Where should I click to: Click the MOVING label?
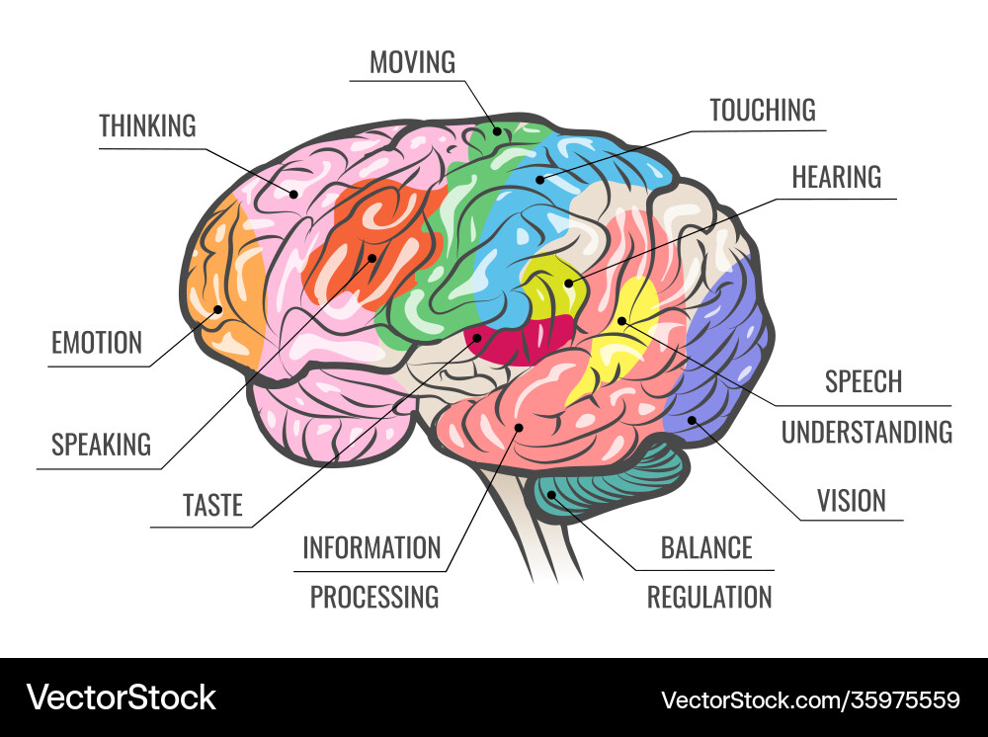coord(412,62)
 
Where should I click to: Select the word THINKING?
coord(147,126)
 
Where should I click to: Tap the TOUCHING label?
coord(763,111)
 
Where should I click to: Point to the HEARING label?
coord(836,177)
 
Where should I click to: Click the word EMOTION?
coord(97,343)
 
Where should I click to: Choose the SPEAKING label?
coord(101,445)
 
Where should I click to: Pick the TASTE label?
coord(212,505)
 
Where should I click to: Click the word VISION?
coord(852,501)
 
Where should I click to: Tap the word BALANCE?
coord(706,548)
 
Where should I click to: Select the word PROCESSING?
coord(374,597)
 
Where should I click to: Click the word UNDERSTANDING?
coord(866,433)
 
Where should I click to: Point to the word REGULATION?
coord(709,597)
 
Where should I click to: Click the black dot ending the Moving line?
coord(497,131)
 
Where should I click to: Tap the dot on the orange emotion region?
coord(218,309)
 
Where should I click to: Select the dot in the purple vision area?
coord(692,420)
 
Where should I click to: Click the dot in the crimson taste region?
coord(477,338)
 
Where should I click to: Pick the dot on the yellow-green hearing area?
coord(569,283)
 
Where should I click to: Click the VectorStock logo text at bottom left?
coord(121,697)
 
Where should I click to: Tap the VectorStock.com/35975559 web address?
coord(810,700)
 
